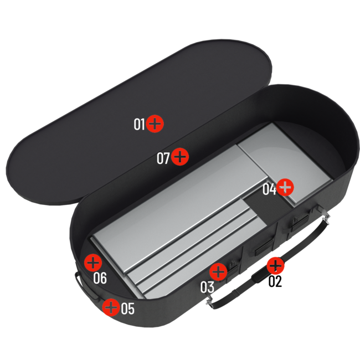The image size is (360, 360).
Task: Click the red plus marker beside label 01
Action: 156,124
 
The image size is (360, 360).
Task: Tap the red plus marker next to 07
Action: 180,157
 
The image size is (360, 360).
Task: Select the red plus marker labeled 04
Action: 285,188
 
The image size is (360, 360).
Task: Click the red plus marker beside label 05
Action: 111,307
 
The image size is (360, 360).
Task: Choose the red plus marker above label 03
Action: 219,271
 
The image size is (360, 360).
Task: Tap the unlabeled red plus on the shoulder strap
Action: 275,266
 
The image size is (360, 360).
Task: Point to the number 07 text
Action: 163,158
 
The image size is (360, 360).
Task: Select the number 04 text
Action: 269,189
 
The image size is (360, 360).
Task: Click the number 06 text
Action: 100,278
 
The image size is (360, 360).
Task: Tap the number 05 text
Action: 127,308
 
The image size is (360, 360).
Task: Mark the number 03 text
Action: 207,287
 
